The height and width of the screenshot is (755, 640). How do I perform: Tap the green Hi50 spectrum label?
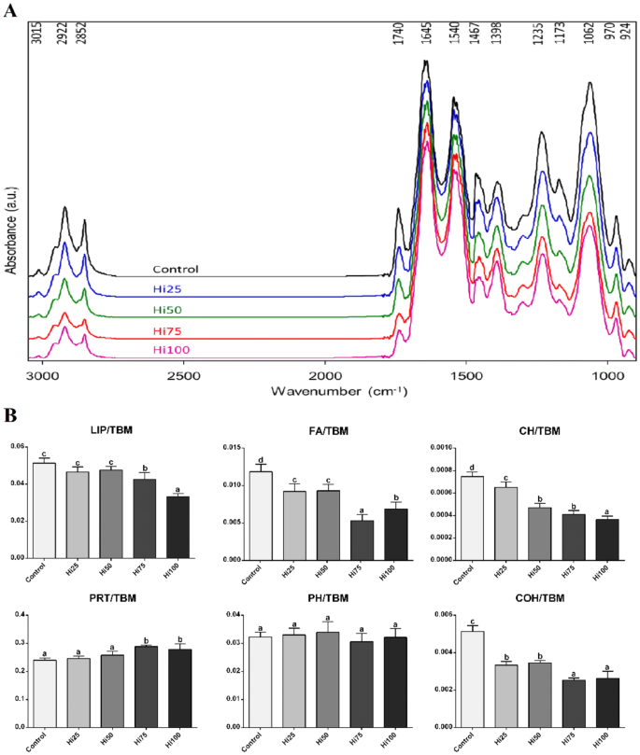pyautogui.click(x=168, y=309)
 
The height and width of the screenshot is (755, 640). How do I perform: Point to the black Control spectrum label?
pyautogui.click(x=177, y=269)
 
